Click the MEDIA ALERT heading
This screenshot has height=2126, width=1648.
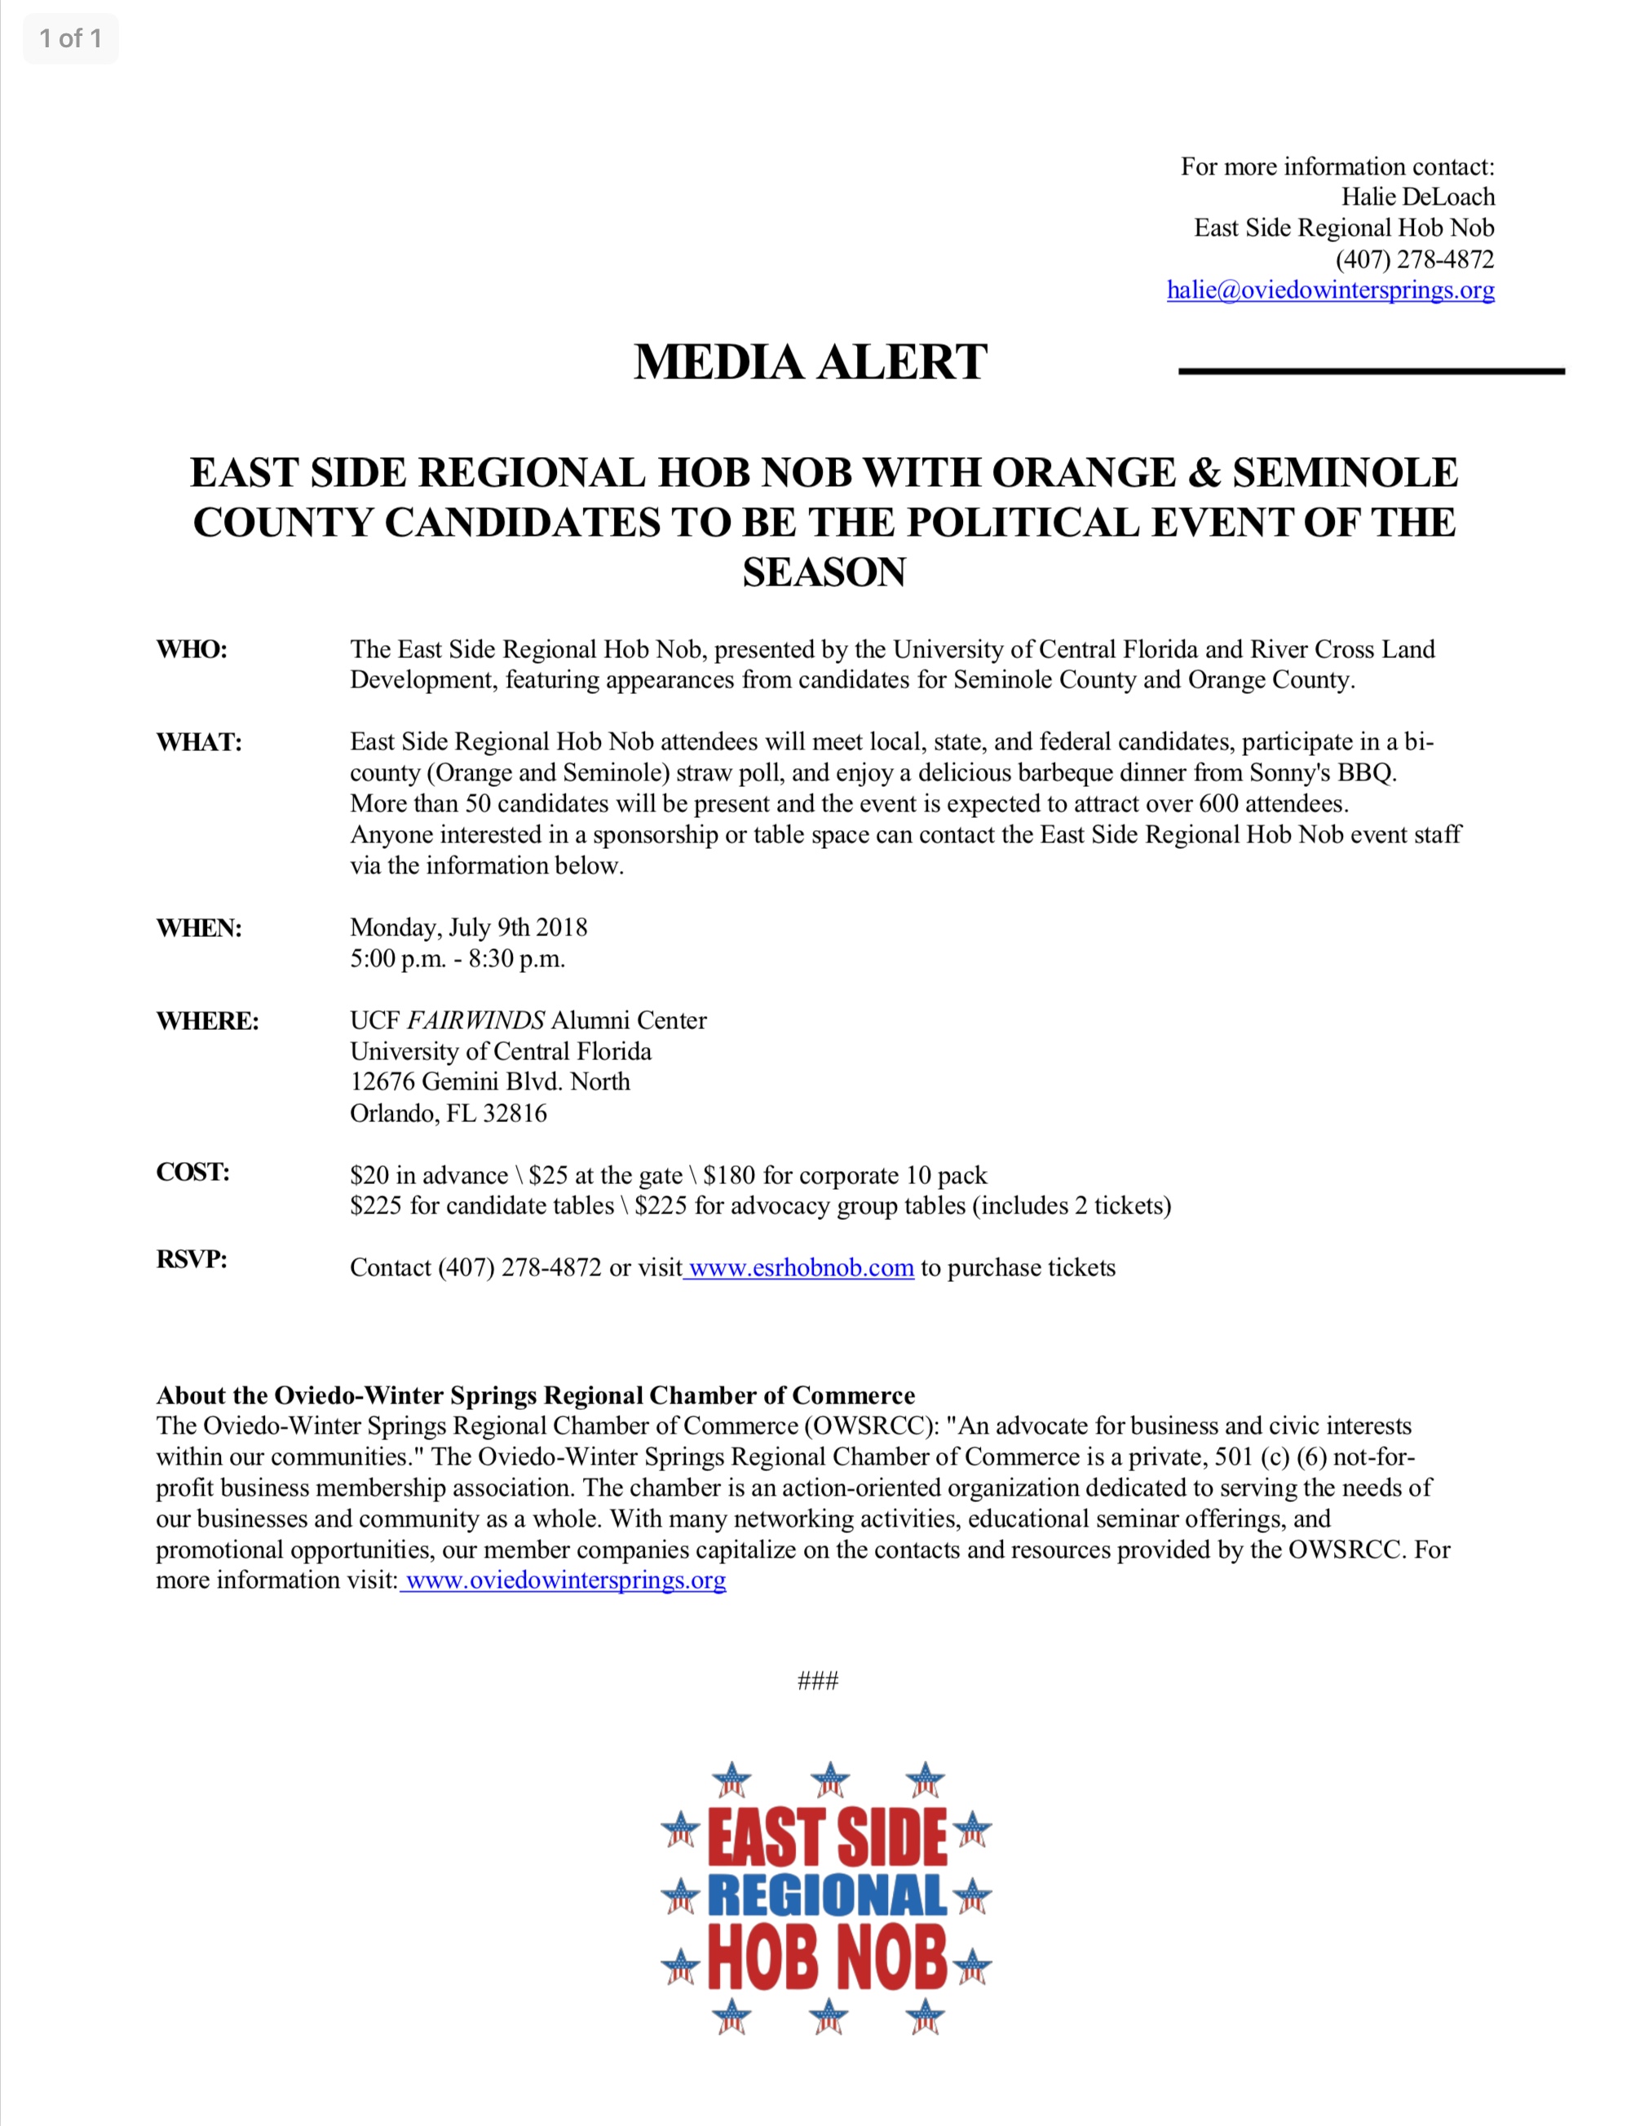point(810,362)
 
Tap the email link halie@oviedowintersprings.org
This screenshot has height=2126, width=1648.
point(1330,290)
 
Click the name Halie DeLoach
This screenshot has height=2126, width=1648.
point(1417,197)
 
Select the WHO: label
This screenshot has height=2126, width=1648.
point(192,649)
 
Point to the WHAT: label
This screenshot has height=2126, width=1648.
point(199,742)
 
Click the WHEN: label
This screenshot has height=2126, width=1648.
point(199,928)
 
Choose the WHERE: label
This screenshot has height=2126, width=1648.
point(207,1020)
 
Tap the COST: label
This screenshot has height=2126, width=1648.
point(192,1172)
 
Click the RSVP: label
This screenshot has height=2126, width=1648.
point(192,1260)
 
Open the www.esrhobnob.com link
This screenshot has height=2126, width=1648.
point(800,1267)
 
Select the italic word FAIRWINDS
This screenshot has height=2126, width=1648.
point(475,1020)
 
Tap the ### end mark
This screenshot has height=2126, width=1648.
point(818,1681)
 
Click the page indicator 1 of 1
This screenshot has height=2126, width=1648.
point(70,39)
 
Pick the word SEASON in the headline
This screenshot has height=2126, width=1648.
point(824,572)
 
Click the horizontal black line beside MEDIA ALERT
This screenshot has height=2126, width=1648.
point(1371,371)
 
